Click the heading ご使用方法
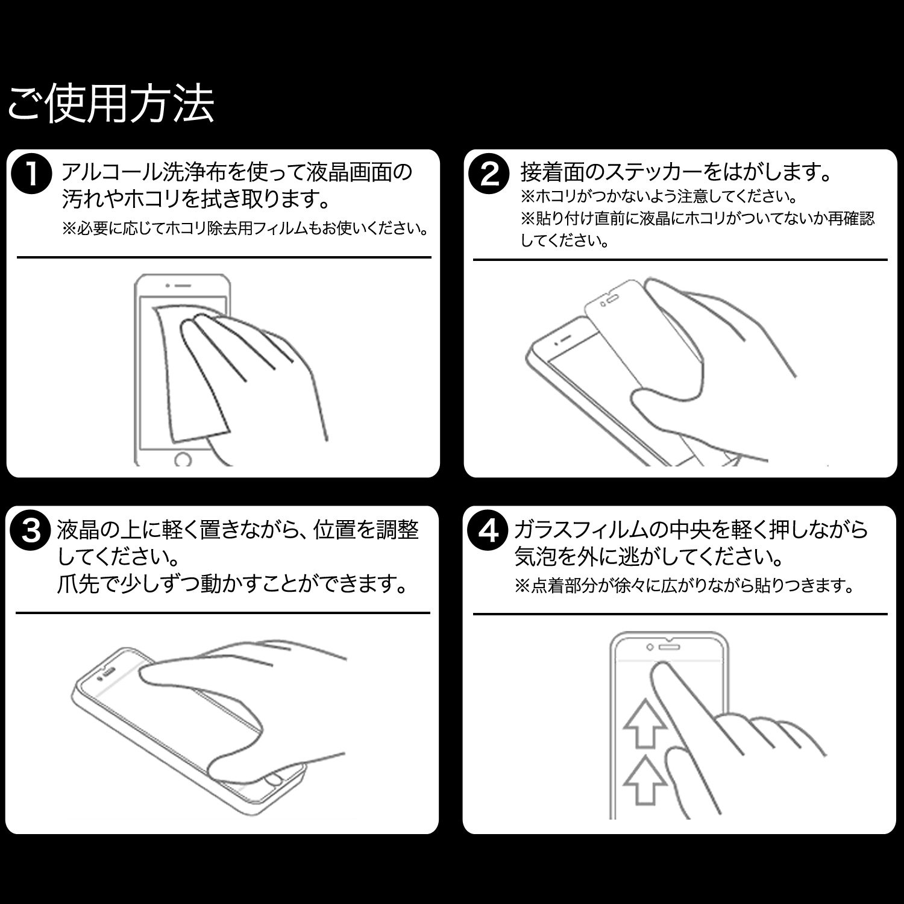(x=111, y=105)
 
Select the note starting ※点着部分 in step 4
(x=684, y=585)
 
